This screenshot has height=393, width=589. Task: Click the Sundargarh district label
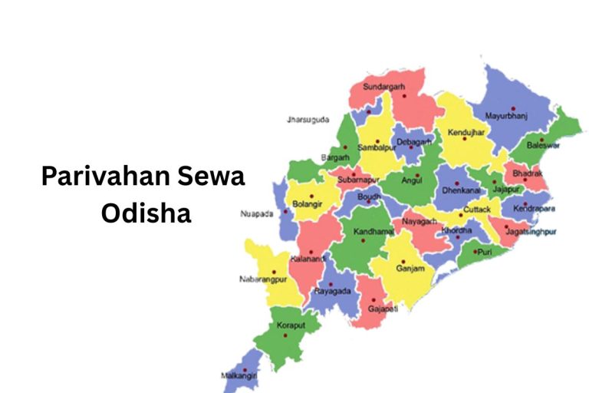point(383,86)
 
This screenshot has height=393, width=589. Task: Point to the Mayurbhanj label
point(507,116)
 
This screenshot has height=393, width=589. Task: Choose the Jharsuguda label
point(308,120)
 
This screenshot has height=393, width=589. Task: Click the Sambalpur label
point(376,147)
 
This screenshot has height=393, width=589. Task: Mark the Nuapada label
point(257,213)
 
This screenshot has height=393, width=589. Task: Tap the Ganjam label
point(410,269)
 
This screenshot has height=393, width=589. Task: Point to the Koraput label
point(291,325)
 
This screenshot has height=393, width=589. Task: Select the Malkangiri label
point(239,376)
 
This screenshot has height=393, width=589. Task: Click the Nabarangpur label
point(261,281)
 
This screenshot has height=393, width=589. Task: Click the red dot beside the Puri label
point(475,252)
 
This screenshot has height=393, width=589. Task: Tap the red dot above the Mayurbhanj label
point(513,108)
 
